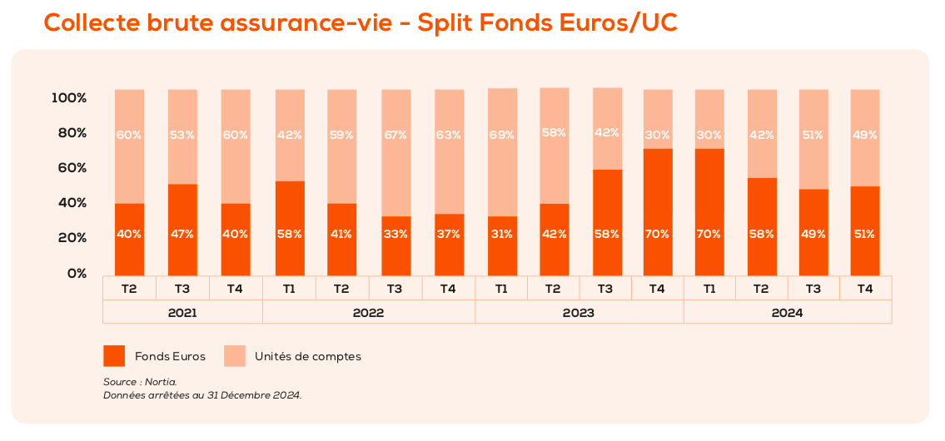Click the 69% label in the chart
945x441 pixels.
tap(502, 135)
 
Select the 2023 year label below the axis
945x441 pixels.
tap(579, 313)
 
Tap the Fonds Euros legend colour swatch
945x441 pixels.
tap(114, 356)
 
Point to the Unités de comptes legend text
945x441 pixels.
tap(308, 356)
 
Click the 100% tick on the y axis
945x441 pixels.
tap(69, 98)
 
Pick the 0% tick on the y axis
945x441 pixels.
tap(77, 273)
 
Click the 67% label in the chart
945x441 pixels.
tap(395, 135)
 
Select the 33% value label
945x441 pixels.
tap(395, 235)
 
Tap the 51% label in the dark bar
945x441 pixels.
tap(864, 235)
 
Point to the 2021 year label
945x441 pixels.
tap(182, 313)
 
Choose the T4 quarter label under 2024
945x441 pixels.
tap(864, 289)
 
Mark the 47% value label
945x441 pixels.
tap(182, 235)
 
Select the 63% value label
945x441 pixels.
tap(449, 135)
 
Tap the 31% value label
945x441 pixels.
tap(502, 235)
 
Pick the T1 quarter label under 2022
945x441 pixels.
tap(289, 289)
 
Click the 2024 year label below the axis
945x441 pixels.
tap(787, 313)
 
